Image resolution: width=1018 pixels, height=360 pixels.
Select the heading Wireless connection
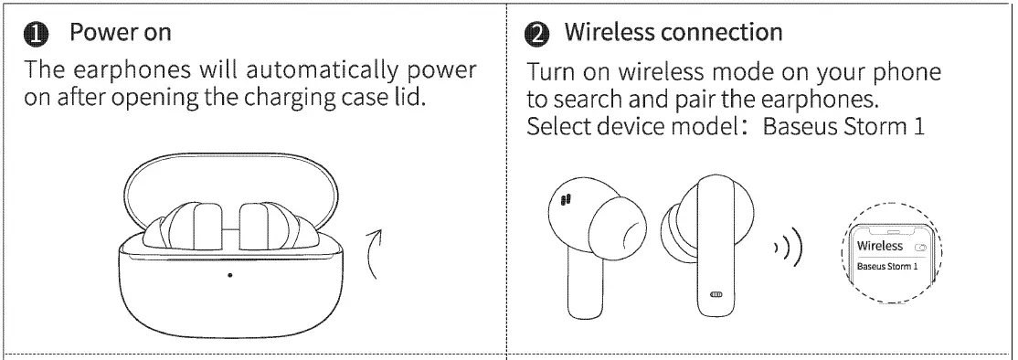[673, 33]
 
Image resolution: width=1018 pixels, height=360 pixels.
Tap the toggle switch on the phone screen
[919, 248]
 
